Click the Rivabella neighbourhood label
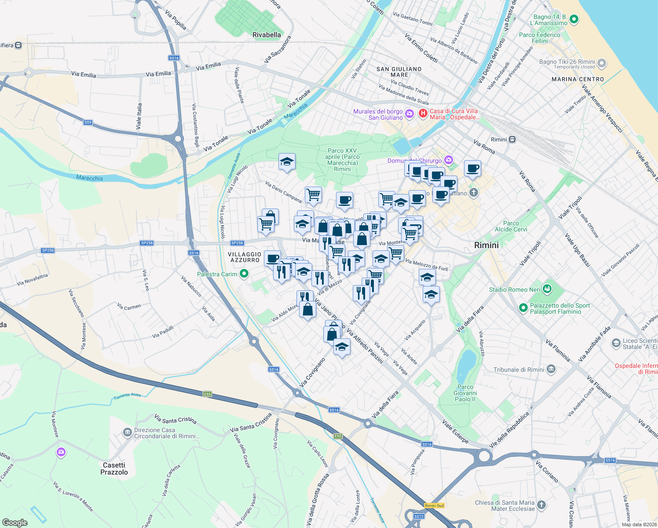point(267,35)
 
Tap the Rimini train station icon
point(512,139)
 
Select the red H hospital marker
point(423,114)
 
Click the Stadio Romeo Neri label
point(515,290)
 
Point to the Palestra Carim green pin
point(244,274)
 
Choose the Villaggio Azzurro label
point(245,257)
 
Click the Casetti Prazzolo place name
point(114,469)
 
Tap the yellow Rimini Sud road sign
point(434,506)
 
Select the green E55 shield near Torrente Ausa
point(208,394)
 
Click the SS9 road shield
point(88,123)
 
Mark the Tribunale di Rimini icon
point(551,370)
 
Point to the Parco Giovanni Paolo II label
point(465,393)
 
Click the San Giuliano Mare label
point(399,72)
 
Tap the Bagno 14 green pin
point(574,19)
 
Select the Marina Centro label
point(578,79)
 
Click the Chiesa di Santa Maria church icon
point(541,505)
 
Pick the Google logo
point(15,523)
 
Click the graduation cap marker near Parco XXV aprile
point(287,162)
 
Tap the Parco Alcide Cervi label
point(511,226)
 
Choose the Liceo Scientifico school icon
point(616,343)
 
